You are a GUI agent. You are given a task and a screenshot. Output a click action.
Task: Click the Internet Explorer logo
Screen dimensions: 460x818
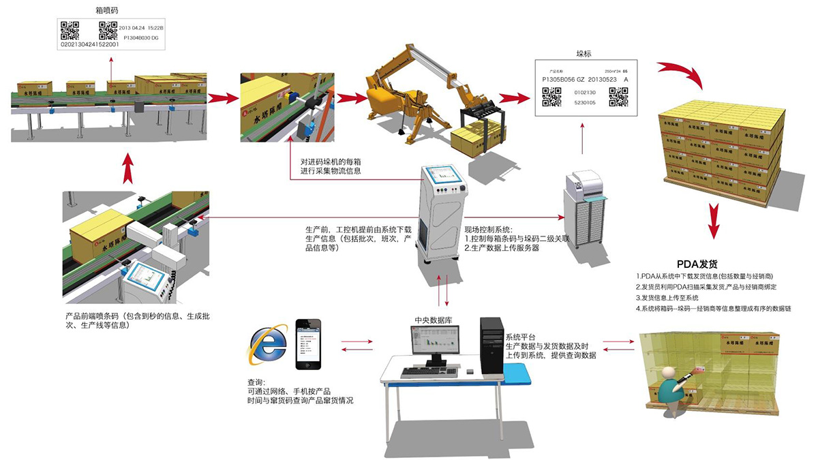268,343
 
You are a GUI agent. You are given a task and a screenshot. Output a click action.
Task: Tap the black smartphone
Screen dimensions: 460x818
308,344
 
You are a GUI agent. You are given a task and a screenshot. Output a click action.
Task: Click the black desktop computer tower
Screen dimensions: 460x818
491,346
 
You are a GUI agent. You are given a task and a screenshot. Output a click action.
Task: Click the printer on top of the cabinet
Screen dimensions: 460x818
584,184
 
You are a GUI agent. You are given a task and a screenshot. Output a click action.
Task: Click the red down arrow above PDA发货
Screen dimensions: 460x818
713,221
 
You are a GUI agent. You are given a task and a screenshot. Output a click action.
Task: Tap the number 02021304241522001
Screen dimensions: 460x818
90,44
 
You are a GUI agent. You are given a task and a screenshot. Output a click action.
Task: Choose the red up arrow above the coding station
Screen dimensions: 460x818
127,168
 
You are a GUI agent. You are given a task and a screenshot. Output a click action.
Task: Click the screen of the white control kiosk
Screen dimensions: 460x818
444,179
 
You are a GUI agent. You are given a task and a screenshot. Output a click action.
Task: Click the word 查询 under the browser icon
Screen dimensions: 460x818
257,382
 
